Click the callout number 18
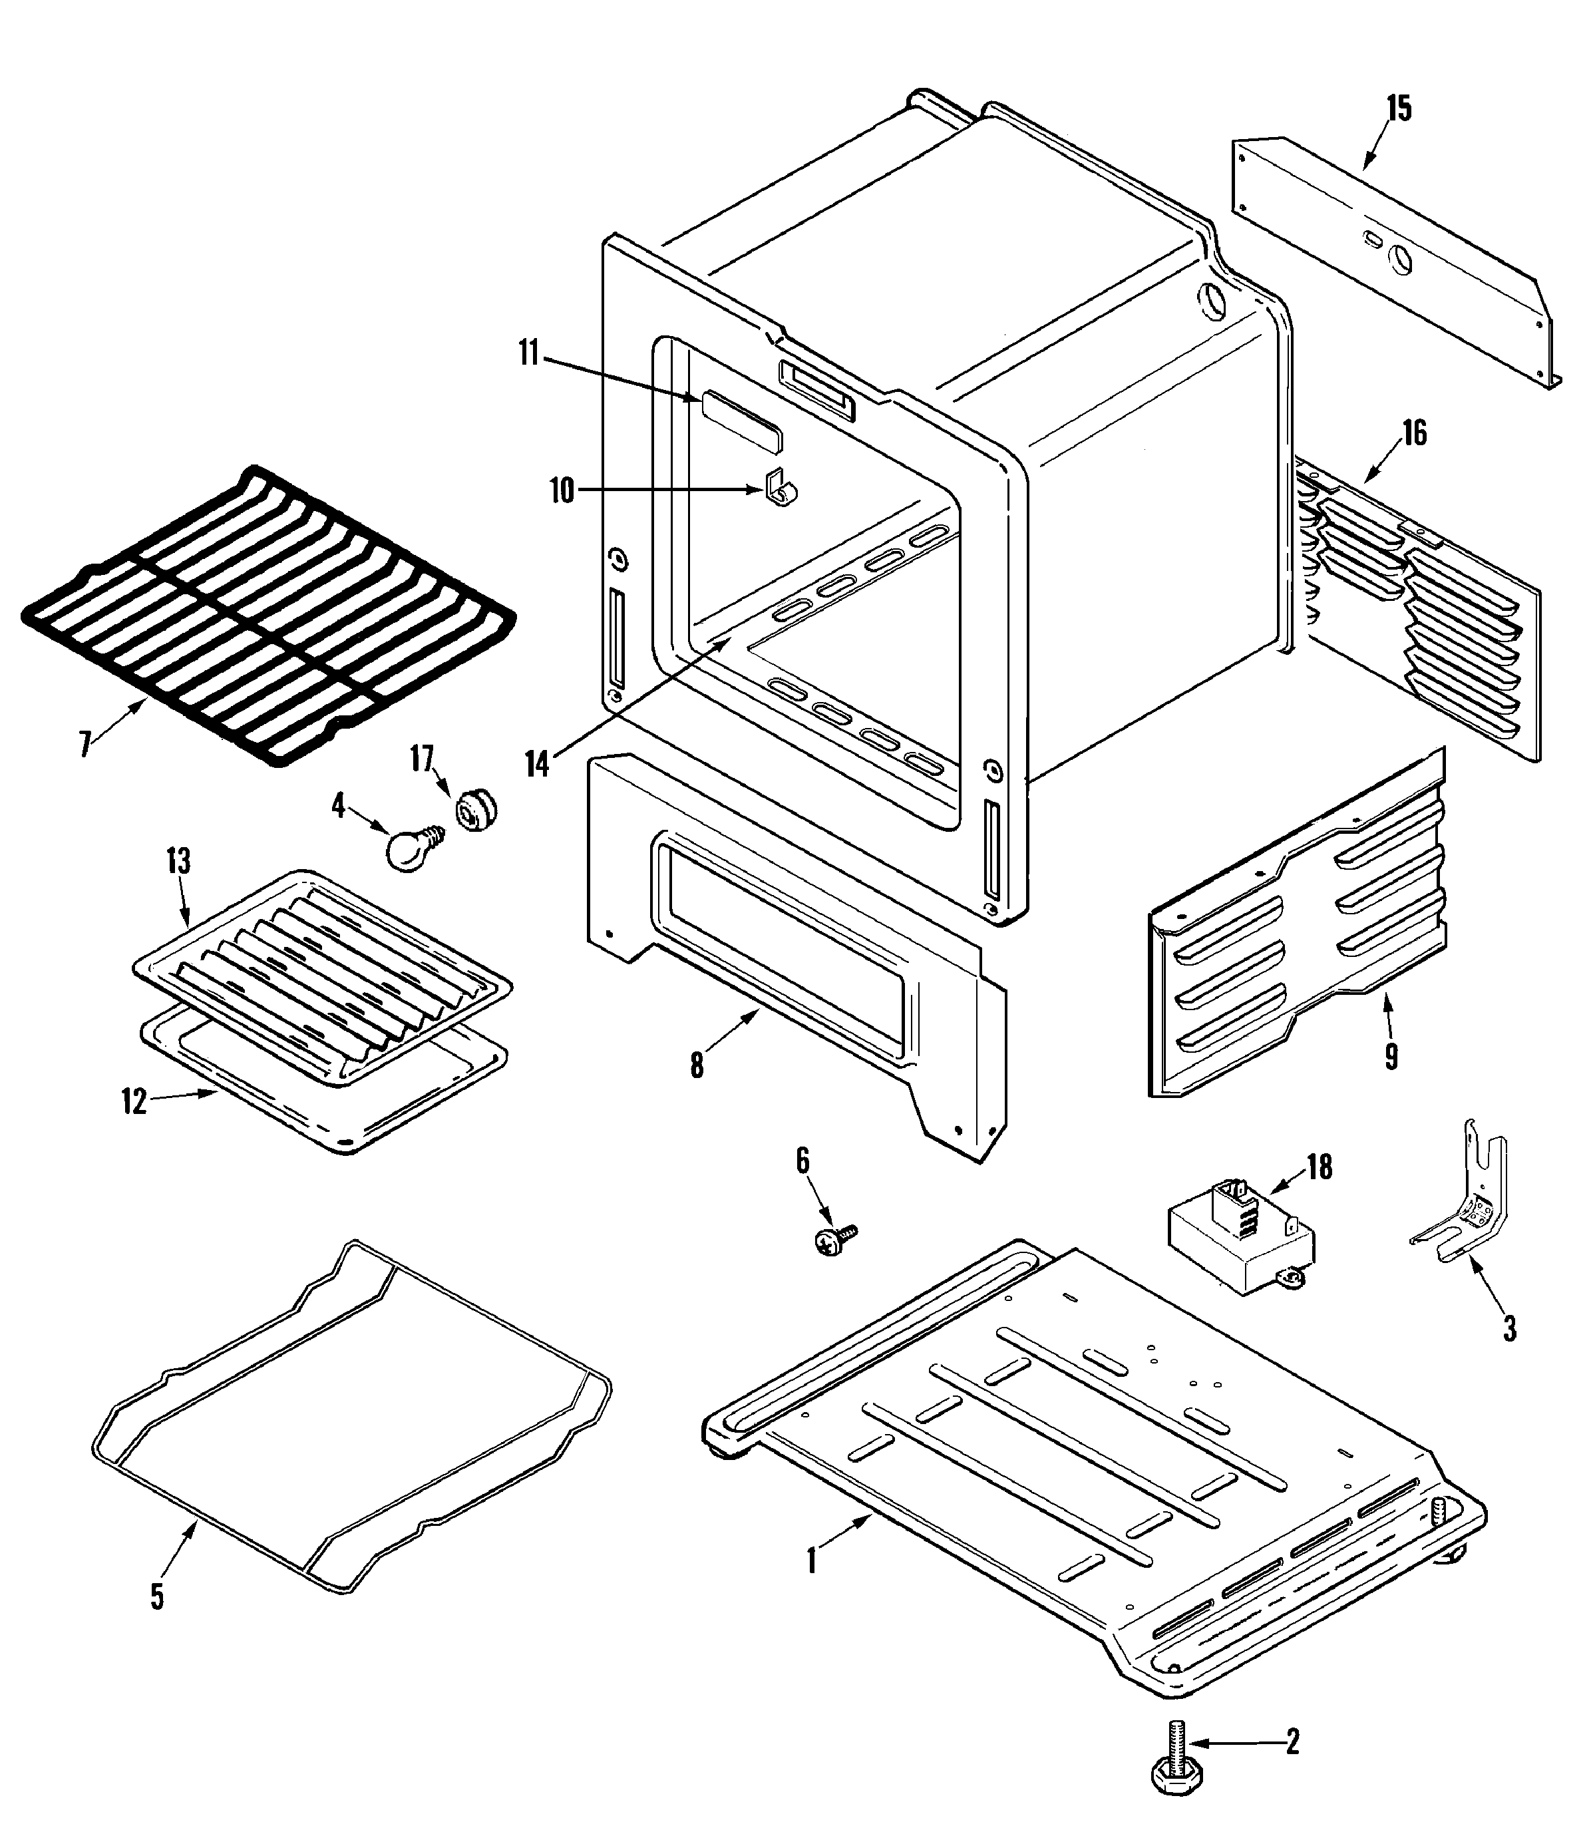[x=1320, y=1167]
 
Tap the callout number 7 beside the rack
[x=85, y=744]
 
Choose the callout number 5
[x=157, y=1596]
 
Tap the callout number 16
[x=1414, y=433]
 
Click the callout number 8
[x=697, y=1065]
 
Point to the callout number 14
[x=537, y=765]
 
